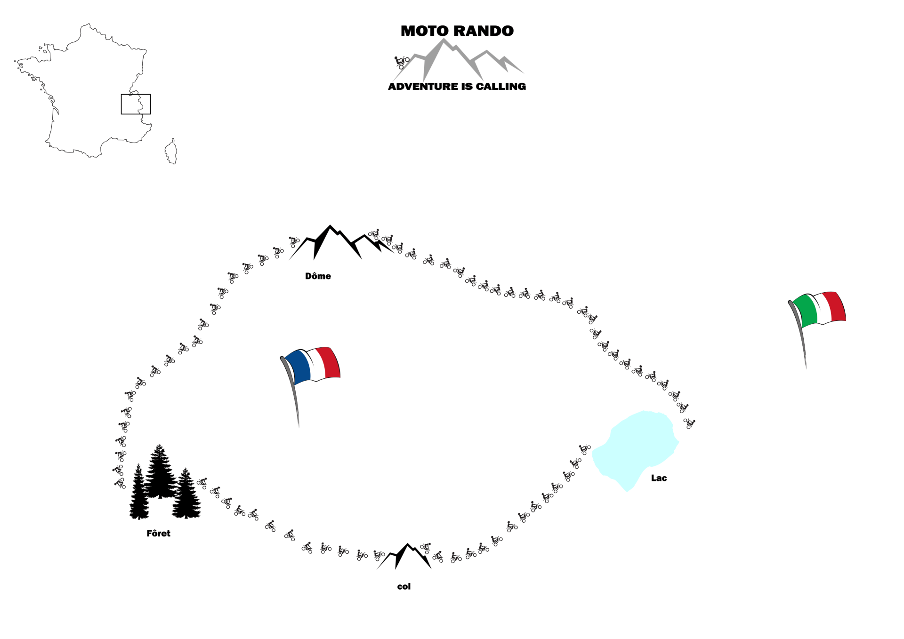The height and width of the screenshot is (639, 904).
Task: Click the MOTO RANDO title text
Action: pos(457,31)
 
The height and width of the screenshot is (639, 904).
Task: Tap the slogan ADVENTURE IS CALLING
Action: pos(457,87)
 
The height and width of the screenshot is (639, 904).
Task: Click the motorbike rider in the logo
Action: pos(402,62)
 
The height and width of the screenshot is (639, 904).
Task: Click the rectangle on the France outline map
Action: pos(136,104)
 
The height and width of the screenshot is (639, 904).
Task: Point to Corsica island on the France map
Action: pos(171,152)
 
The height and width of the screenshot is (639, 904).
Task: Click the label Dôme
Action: pos(318,276)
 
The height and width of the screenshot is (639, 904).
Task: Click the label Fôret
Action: pos(158,533)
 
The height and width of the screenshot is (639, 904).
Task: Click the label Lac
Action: pos(659,478)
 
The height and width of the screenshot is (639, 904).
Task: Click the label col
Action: pos(404,586)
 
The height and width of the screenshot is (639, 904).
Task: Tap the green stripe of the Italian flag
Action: pos(805,311)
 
